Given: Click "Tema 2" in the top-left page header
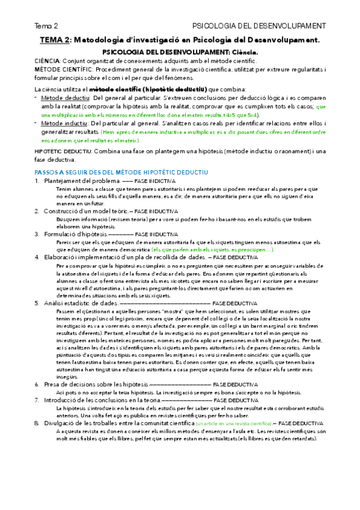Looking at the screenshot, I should (46, 26).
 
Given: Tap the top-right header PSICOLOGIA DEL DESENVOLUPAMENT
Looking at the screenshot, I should (259, 26).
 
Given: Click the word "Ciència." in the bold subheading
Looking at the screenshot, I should (240, 52).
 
